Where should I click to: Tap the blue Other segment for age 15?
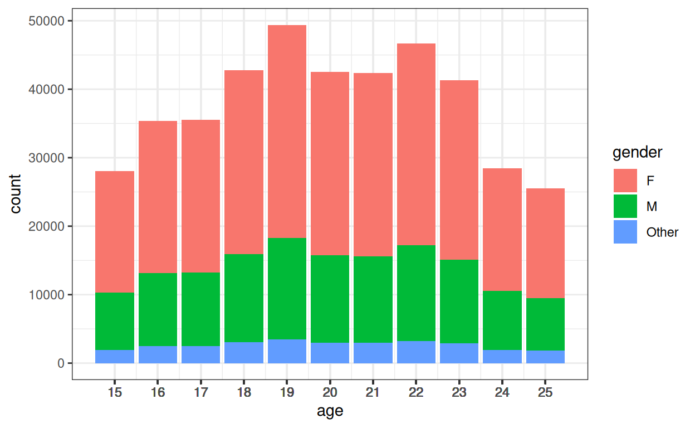click(x=115, y=357)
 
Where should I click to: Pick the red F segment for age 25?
click(x=545, y=243)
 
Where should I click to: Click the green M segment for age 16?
click(x=158, y=309)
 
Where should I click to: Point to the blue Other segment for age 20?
click(x=330, y=353)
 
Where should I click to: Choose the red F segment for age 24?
click(x=502, y=230)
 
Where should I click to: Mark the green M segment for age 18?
click(x=244, y=298)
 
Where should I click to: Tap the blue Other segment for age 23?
click(x=459, y=353)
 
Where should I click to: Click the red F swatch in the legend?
click(x=625, y=181)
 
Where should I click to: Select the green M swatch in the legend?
click(x=625, y=206)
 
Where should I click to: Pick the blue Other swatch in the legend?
click(x=625, y=232)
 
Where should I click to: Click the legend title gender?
click(x=637, y=152)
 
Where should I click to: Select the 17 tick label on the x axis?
click(x=200, y=392)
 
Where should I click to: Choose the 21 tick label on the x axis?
click(x=373, y=392)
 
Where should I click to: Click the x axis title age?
click(x=330, y=412)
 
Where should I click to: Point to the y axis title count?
click(x=16, y=193)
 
